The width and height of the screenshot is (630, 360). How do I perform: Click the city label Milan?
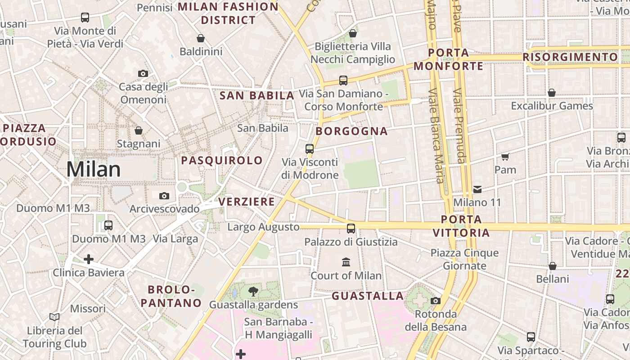point(94,169)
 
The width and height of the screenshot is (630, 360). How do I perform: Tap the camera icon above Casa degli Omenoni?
point(143,73)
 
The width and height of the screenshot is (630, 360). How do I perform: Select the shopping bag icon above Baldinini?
point(201,39)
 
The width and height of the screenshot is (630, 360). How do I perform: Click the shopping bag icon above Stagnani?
point(139,130)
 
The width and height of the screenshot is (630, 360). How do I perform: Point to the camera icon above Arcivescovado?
point(164,196)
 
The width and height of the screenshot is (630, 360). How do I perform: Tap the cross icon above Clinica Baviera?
point(89,259)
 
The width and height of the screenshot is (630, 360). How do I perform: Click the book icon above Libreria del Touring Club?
point(54,317)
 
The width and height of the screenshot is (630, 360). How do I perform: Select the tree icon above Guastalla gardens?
point(253,292)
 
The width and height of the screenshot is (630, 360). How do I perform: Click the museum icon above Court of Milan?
point(346,262)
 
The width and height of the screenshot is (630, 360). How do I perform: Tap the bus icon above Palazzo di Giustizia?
point(351,229)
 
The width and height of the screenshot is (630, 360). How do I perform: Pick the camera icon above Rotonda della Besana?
point(435,301)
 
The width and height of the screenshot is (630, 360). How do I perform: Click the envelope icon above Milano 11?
point(477,189)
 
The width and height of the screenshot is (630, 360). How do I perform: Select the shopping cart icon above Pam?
point(505,157)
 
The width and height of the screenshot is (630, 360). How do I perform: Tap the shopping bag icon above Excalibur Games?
point(552,93)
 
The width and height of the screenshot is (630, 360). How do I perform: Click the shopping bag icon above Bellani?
point(553,266)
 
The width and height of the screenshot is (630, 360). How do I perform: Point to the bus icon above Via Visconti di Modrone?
point(310,148)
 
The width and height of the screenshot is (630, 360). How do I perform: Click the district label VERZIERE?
point(247,202)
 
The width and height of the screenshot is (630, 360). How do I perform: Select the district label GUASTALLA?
point(368,296)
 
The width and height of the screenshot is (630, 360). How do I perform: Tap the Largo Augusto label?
point(263,227)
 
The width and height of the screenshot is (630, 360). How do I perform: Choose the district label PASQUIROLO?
point(222,160)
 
